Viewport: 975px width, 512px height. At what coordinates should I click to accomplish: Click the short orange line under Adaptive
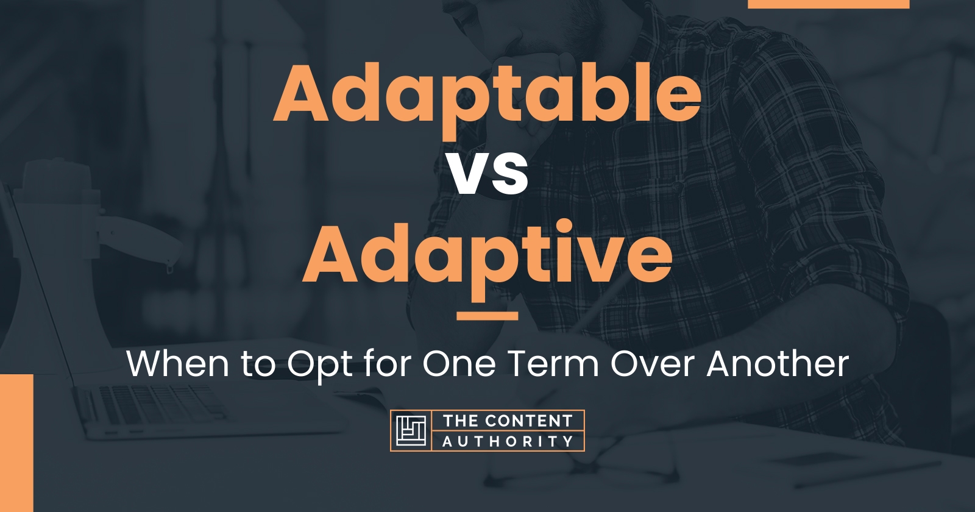pyautogui.click(x=487, y=316)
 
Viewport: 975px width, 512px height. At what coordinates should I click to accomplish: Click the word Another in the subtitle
pyautogui.click(x=778, y=364)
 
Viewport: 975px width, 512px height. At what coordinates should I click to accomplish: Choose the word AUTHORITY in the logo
pyautogui.click(x=508, y=441)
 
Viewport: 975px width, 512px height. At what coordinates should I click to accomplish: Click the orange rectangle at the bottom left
pyautogui.click(x=16, y=443)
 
